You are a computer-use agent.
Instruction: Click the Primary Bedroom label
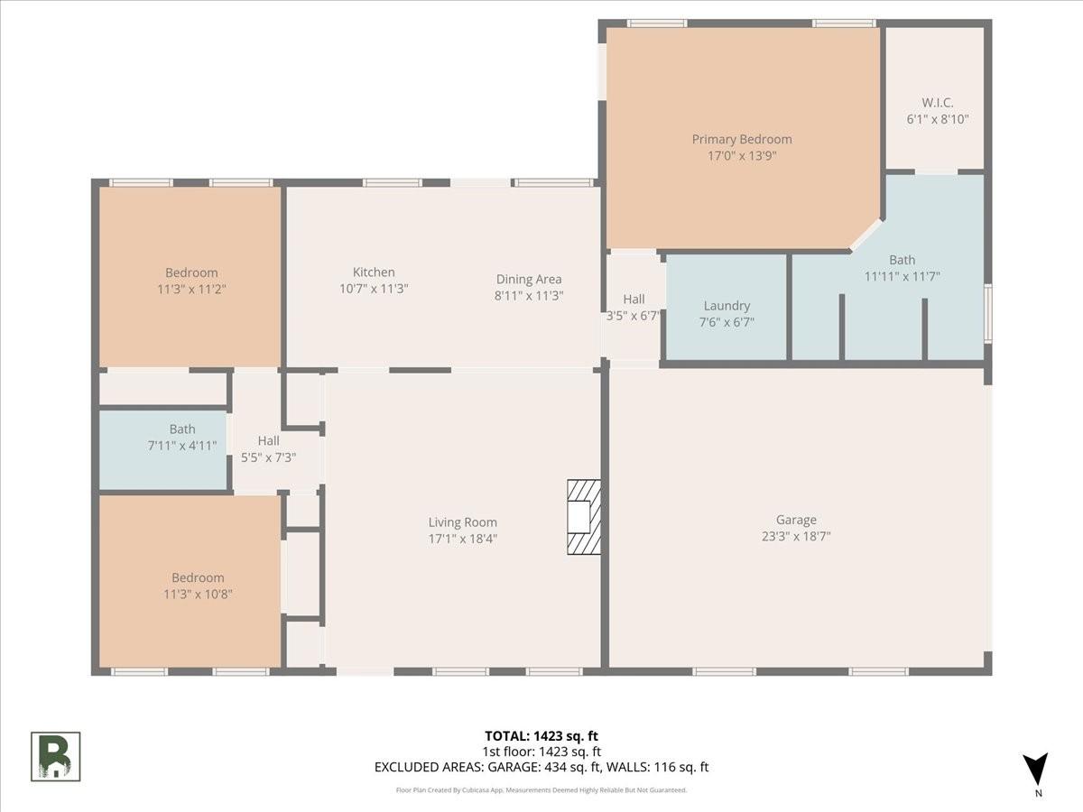tap(742, 140)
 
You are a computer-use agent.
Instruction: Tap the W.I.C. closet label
tap(938, 103)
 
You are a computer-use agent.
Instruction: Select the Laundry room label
tap(727, 306)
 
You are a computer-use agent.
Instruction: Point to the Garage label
tap(796, 520)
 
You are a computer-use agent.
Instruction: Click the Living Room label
tap(462, 522)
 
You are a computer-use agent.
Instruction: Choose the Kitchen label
tap(374, 272)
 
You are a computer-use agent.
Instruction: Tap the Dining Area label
tap(529, 280)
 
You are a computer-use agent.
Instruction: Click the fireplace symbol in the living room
tap(584, 517)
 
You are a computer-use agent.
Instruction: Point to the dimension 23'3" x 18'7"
tap(796, 536)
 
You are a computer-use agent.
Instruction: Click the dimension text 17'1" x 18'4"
tap(462, 539)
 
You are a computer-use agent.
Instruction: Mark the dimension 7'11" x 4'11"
tap(182, 446)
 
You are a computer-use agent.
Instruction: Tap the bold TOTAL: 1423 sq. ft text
tap(541, 736)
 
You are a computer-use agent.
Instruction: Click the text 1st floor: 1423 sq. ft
tap(541, 752)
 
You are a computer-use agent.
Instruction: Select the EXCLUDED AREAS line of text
tap(541, 767)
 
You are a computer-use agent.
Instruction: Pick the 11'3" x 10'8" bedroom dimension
tap(198, 594)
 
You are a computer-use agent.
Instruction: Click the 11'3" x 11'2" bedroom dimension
tap(191, 289)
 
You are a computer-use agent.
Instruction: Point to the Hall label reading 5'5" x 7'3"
tap(268, 449)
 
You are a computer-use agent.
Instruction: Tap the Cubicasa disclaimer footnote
tap(541, 790)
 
